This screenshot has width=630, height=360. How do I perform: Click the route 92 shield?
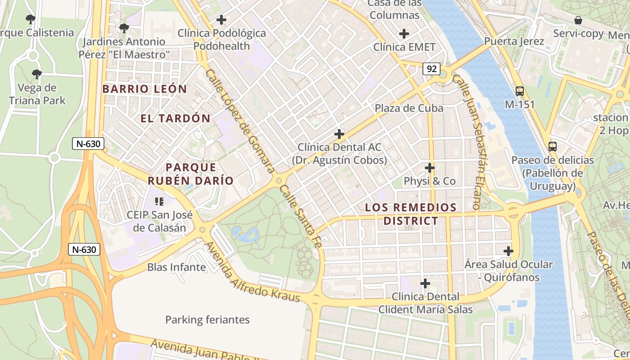click(x=431, y=69)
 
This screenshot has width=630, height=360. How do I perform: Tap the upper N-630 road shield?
click(x=88, y=144)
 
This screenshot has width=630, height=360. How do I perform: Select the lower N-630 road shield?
click(x=84, y=249)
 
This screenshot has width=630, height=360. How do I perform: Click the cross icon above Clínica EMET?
click(x=404, y=34)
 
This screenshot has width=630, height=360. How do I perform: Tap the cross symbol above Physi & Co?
click(x=430, y=168)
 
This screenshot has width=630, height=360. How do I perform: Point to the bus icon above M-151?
click(x=520, y=91)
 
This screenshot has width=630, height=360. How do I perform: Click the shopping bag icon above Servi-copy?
click(x=578, y=20)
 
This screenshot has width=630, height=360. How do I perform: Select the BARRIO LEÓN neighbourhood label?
click(x=144, y=89)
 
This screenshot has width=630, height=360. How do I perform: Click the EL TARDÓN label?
click(x=175, y=118)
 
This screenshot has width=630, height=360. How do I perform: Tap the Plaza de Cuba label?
click(x=409, y=108)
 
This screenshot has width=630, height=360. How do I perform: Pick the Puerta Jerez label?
click(x=514, y=41)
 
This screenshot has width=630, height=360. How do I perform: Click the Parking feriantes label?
click(x=207, y=320)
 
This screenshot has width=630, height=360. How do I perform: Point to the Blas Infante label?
click(x=176, y=267)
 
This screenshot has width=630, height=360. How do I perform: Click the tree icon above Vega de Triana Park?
click(x=37, y=74)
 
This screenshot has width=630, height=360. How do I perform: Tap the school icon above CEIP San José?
click(x=159, y=201)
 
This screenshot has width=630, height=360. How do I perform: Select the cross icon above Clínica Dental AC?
click(x=339, y=134)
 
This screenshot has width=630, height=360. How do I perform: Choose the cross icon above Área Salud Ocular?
click(x=508, y=251)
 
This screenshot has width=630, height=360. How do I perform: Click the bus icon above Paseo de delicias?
click(x=552, y=147)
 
